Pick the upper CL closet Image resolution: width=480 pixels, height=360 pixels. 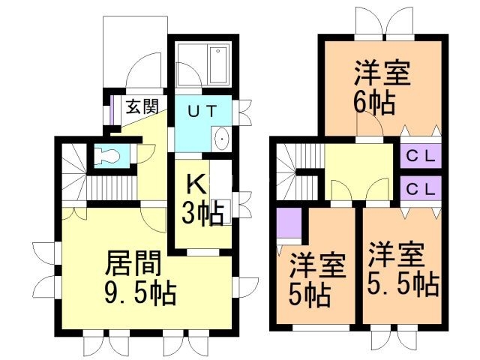pyautogui.click(x=421, y=157)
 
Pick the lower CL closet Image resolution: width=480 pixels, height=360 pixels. pyautogui.click(x=421, y=190)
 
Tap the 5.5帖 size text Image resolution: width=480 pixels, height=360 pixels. pyautogui.click(x=402, y=284)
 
